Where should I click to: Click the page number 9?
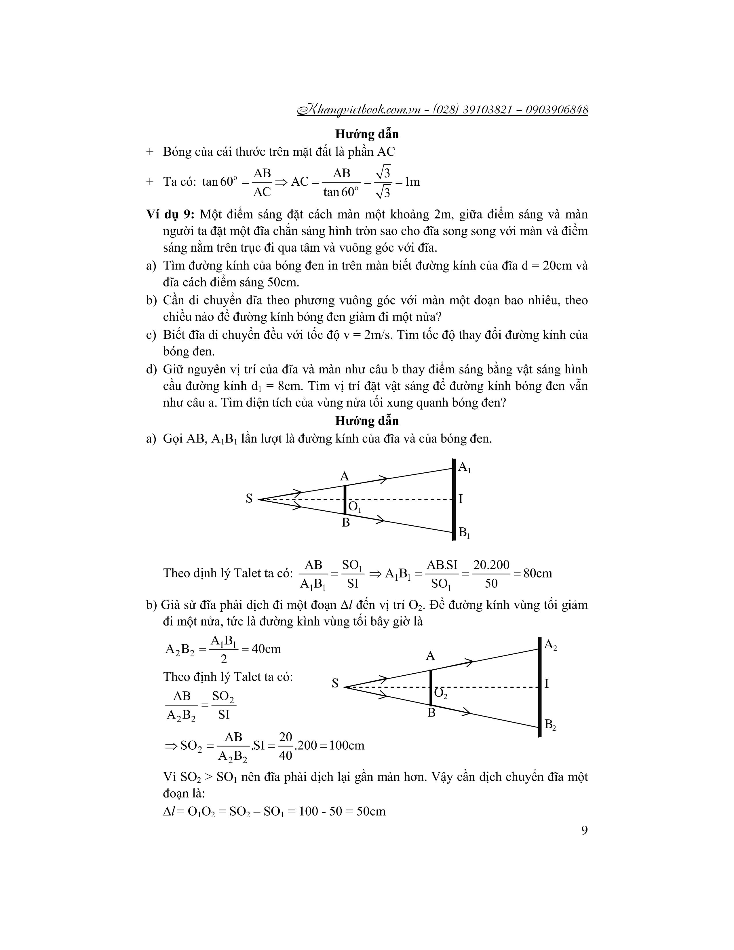coord(584,830)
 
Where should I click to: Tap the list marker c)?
coord(151,335)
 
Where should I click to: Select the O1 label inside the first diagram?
coord(354,507)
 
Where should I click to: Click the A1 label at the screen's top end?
coord(464,468)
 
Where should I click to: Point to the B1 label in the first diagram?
coord(464,532)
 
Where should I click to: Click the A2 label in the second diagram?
coord(550,645)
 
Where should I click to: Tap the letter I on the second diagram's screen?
coord(547,684)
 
